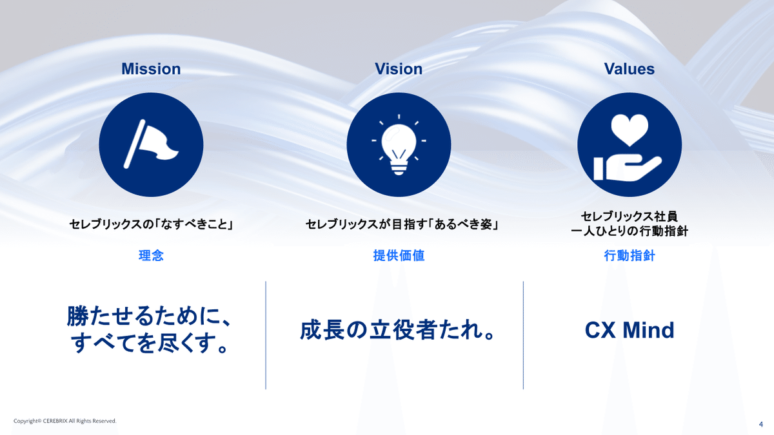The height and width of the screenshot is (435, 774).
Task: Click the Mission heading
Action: pyautogui.click(x=151, y=69)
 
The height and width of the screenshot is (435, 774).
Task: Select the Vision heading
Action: pyautogui.click(x=399, y=69)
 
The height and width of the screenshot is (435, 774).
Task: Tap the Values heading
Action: pyautogui.click(x=630, y=69)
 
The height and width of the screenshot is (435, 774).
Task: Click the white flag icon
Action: pyautogui.click(x=151, y=144)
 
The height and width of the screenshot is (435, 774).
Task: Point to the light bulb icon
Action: pyautogui.click(x=399, y=145)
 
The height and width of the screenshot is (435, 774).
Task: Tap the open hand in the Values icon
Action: pyautogui.click(x=627, y=169)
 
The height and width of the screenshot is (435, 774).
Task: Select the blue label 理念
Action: pyautogui.click(x=151, y=255)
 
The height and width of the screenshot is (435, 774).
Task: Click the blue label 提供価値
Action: pyautogui.click(x=399, y=255)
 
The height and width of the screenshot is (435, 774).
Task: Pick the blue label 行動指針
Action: pyautogui.click(x=630, y=255)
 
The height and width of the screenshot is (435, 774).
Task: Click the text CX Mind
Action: pyautogui.click(x=630, y=330)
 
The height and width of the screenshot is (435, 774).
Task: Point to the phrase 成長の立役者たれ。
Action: pyautogui.click(x=397, y=330)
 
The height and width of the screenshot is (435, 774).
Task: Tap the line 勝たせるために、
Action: pyautogui.click(x=149, y=316)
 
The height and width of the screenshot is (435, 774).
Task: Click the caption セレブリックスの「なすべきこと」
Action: pyautogui.click(x=151, y=224)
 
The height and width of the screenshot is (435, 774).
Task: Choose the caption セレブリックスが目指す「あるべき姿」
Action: pyautogui.click(x=402, y=224)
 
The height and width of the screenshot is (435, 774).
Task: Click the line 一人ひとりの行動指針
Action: pyautogui.click(x=630, y=231)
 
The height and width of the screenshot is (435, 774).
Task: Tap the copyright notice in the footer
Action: pyautogui.click(x=65, y=421)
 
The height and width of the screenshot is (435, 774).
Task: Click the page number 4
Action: pyautogui.click(x=761, y=424)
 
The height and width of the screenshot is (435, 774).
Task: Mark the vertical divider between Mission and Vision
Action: pyautogui.click(x=266, y=335)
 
